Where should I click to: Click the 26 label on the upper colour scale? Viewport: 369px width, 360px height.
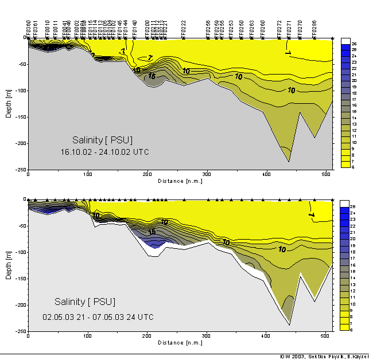point(354,44)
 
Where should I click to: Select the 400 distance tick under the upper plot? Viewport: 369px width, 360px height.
point(266,175)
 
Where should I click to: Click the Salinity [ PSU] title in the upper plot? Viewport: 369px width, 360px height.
point(103,140)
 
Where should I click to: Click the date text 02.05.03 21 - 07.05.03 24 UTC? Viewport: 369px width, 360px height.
point(98,316)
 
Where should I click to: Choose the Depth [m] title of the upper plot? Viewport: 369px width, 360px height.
point(9,103)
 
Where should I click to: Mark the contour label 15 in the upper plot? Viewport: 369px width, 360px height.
point(152,76)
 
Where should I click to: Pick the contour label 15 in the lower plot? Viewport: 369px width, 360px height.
point(152,232)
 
